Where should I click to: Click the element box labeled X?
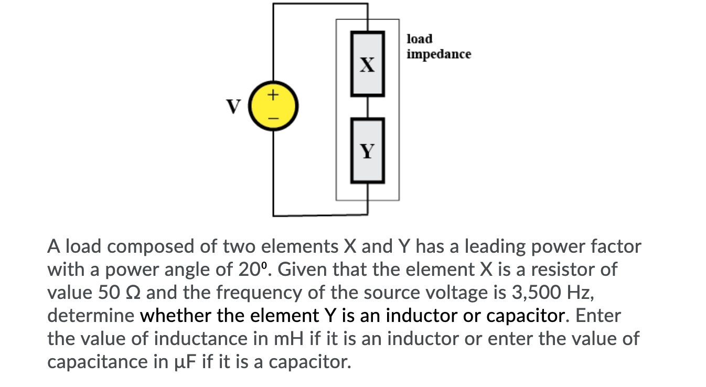pos(368,64)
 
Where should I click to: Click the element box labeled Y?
pos(368,150)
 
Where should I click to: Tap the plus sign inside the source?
pos(272,95)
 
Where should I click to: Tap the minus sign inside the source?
pos(272,118)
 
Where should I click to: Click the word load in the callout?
pos(420,39)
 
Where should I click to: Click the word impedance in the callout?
pos(439,54)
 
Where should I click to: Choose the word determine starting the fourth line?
pos(91,316)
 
